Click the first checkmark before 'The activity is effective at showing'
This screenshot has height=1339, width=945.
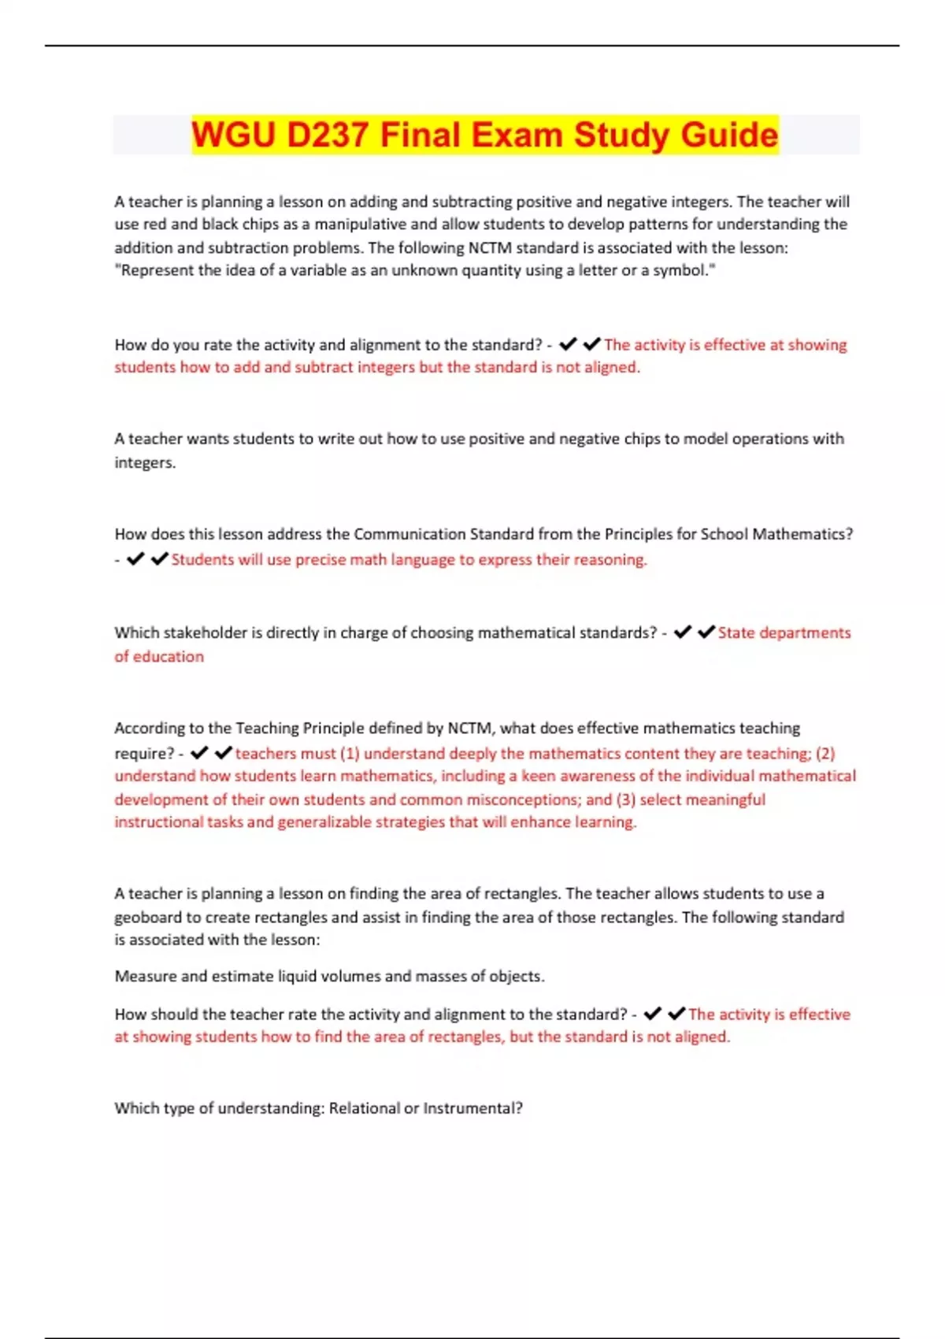click(568, 344)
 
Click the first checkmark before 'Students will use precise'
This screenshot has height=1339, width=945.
click(135, 559)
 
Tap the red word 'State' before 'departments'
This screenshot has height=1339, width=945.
click(736, 632)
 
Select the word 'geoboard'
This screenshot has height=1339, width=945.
click(147, 918)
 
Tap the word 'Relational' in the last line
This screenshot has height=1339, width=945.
click(364, 1108)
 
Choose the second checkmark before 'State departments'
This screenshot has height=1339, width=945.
click(706, 632)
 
